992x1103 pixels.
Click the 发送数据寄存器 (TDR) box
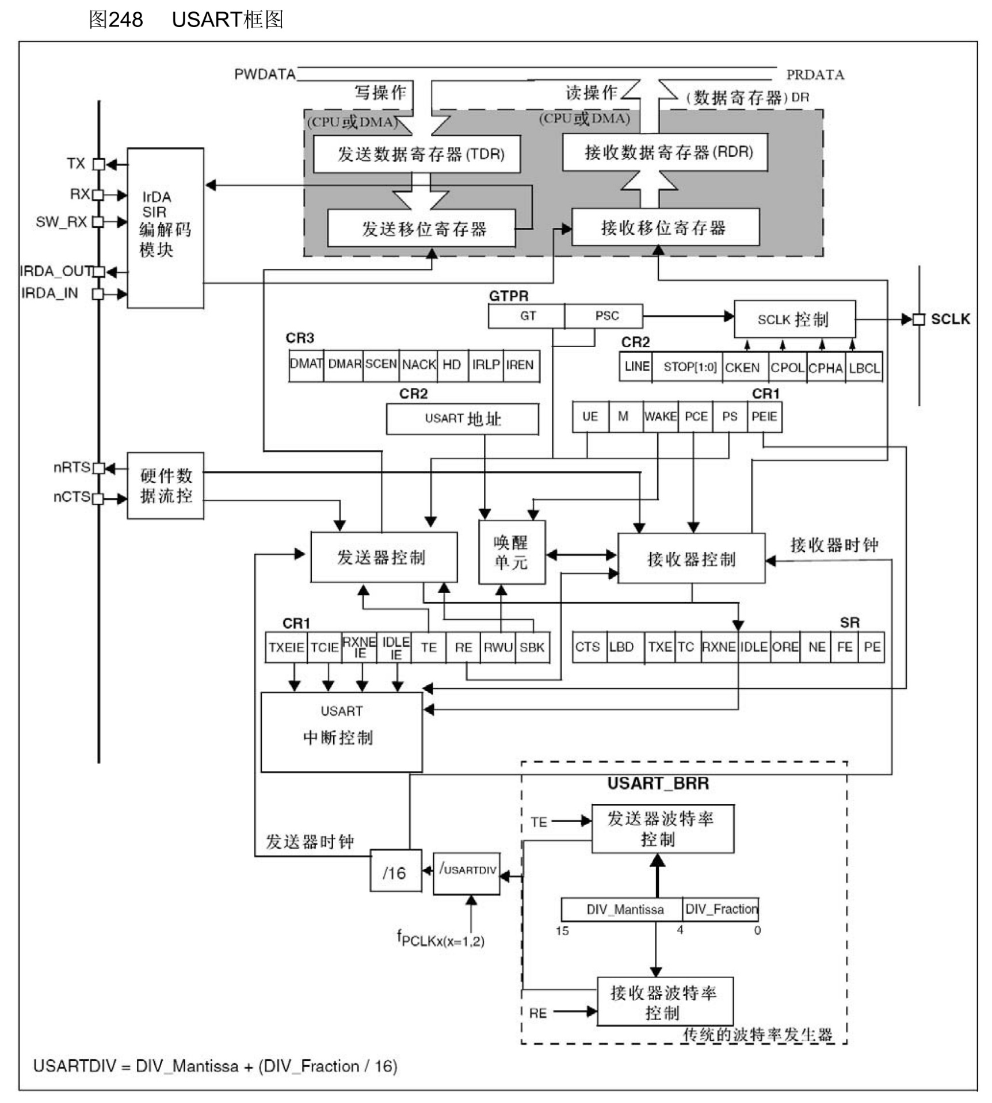[417, 154]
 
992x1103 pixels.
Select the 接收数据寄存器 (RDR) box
[665, 152]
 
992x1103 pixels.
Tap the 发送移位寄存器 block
[421, 228]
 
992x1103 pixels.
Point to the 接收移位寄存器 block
[665, 227]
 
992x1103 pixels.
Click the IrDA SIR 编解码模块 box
[165, 228]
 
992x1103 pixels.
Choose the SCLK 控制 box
[794, 319]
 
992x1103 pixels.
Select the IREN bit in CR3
[521, 365]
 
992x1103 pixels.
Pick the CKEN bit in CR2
[742, 367]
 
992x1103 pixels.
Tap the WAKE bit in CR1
[660, 417]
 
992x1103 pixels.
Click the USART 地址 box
[462, 419]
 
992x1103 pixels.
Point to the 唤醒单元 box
[512, 552]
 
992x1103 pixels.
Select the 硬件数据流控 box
[165, 486]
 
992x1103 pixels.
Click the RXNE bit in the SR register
[719, 647]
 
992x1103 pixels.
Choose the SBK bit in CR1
[532, 647]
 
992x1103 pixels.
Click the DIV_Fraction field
[720, 909]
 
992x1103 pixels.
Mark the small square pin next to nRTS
[98, 468]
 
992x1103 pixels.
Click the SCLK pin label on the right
[950, 319]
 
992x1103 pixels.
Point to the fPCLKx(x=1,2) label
[441, 940]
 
